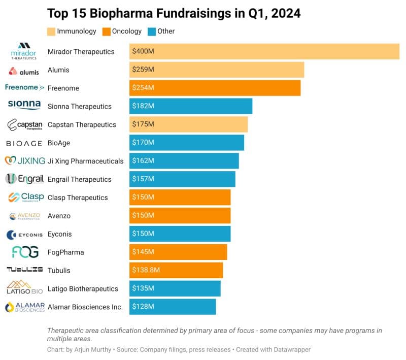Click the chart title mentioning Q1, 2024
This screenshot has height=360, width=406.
click(x=174, y=13)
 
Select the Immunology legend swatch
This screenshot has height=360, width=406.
click(x=51, y=31)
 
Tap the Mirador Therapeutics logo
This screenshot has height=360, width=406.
click(x=24, y=51)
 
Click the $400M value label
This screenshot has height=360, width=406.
click(x=143, y=51)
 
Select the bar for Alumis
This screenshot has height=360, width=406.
click(x=216, y=70)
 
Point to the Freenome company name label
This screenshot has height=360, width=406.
click(x=63, y=88)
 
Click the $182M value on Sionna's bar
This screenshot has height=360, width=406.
click(x=143, y=106)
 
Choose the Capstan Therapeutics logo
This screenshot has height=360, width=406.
click(x=24, y=124)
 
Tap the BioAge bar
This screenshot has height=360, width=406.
click(x=186, y=143)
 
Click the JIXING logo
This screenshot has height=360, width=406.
click(x=24, y=161)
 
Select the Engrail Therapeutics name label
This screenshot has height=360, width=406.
click(x=79, y=179)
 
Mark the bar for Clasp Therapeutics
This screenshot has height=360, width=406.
click(x=180, y=198)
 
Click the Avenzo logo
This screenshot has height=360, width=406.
click(x=24, y=216)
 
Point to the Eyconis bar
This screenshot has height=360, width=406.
click(x=180, y=234)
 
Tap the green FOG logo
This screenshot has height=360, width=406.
click(x=24, y=252)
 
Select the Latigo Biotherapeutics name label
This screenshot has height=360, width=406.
click(x=82, y=289)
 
